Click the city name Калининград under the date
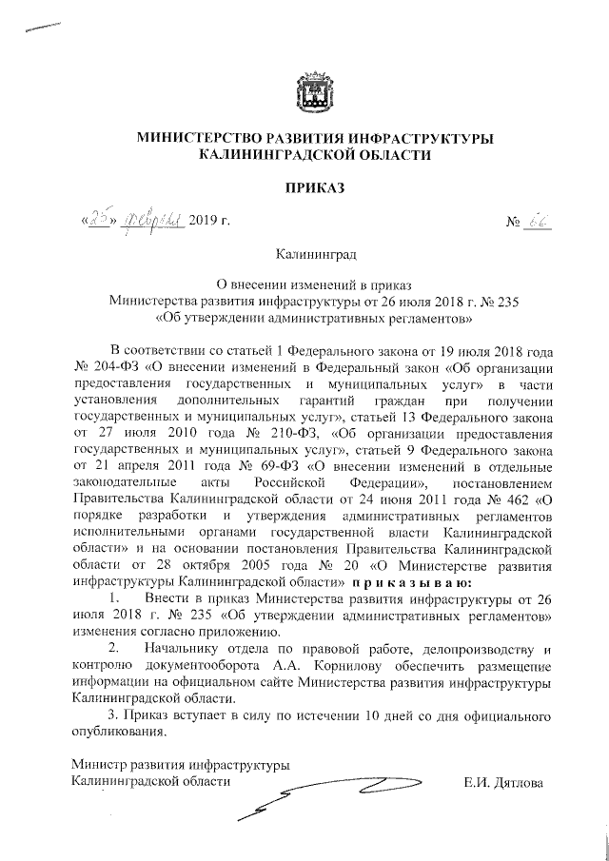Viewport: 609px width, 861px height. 315,255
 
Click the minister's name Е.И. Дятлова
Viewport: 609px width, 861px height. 503,782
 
